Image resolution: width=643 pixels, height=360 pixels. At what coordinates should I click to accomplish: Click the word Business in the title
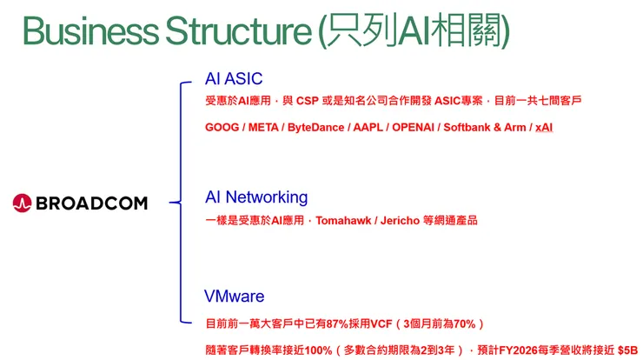[x=90, y=30]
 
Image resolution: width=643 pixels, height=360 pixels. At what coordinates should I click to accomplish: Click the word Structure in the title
[x=238, y=30]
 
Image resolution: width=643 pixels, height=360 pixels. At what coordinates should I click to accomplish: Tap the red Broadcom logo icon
[x=22, y=203]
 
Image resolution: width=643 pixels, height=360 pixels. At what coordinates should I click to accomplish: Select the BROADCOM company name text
[x=91, y=203]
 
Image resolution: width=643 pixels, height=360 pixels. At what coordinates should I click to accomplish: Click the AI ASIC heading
[x=234, y=78]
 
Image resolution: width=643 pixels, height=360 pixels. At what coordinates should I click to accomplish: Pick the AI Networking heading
[x=256, y=197]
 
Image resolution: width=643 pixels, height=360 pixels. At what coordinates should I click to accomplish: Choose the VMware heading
[x=234, y=297]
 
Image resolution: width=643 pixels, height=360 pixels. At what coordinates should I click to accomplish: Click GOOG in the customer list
[x=222, y=127]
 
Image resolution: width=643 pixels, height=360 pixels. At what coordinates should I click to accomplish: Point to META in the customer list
[x=263, y=127]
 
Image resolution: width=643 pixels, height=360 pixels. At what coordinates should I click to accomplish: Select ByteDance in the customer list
[x=315, y=127]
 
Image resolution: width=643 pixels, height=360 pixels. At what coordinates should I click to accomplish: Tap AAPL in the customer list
[x=368, y=127]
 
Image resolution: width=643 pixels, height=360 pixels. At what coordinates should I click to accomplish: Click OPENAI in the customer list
[x=413, y=127]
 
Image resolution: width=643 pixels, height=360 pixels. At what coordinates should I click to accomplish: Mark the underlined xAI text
[x=544, y=127]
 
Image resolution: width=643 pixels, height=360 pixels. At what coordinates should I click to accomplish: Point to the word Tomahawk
[x=343, y=220]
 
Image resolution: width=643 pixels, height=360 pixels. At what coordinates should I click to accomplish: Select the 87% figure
[x=337, y=323]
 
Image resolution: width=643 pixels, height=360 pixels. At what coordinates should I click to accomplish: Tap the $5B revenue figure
[x=628, y=350]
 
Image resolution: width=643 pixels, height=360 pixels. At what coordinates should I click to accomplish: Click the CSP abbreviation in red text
[x=307, y=101]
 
